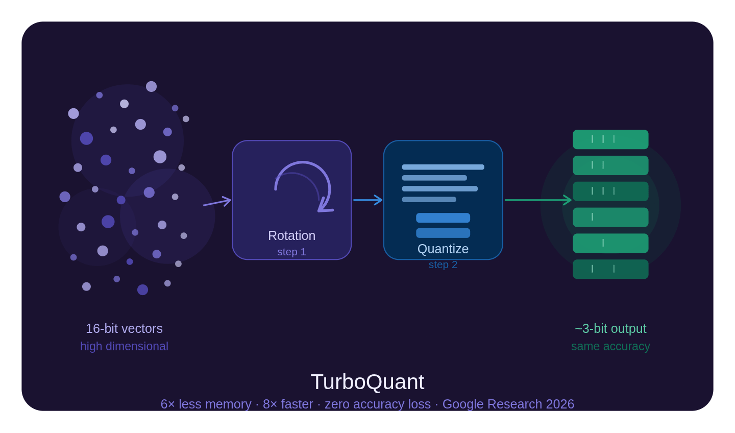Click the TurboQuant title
point(367,382)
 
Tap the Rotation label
point(291,235)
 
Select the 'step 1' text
point(291,252)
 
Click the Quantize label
point(443,249)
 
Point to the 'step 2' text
point(443,264)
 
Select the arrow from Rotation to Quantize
point(367,200)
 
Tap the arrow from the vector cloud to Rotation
point(217,203)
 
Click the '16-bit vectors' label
point(124,328)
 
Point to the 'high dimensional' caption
point(124,346)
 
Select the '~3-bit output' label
point(610,328)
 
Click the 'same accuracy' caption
point(610,346)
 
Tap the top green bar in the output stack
point(610,139)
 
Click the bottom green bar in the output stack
point(610,269)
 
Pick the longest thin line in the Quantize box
point(443,167)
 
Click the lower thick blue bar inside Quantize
point(443,233)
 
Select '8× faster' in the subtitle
point(288,404)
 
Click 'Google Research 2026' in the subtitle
point(508,404)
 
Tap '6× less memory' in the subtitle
point(206,404)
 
